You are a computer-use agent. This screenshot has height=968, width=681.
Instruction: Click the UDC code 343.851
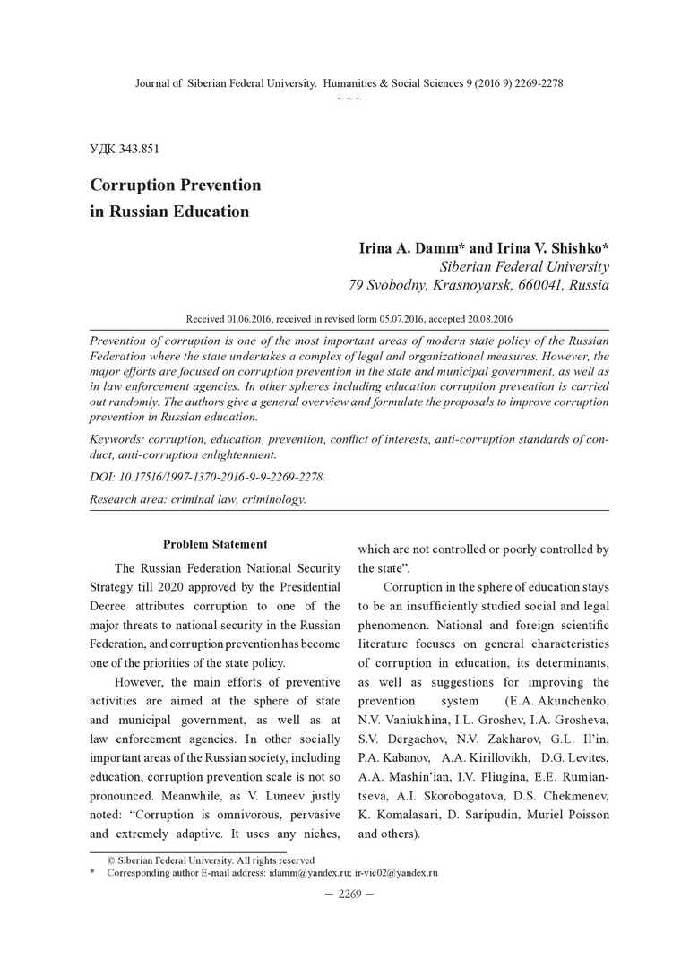pos(137,148)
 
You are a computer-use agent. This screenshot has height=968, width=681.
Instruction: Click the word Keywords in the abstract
pos(118,440)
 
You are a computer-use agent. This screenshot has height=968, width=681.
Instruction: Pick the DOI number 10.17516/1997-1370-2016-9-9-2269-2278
pos(224,478)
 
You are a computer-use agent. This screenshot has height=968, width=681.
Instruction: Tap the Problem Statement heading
pos(215,544)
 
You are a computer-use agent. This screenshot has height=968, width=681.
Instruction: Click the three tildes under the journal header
pos(349,97)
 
